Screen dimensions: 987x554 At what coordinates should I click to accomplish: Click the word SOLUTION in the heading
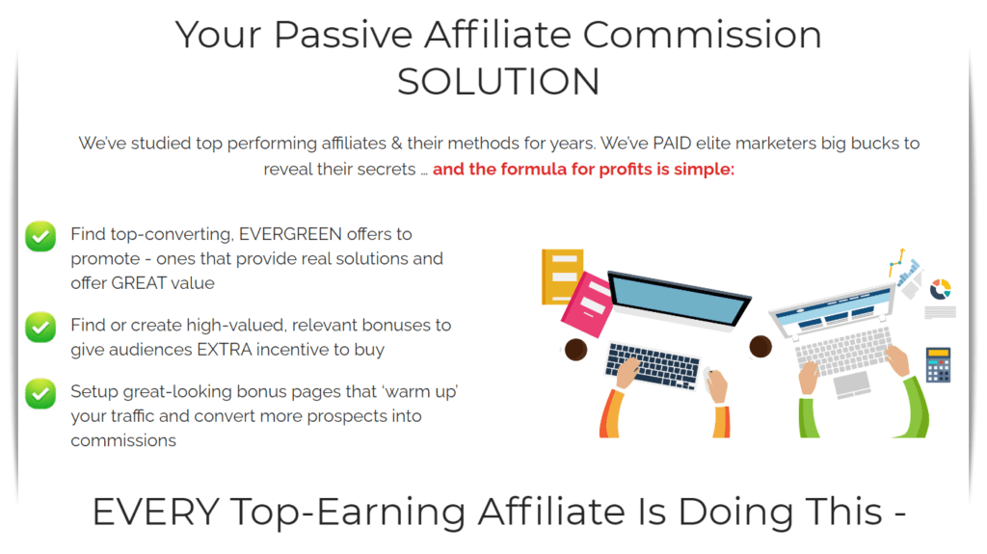pos(498,82)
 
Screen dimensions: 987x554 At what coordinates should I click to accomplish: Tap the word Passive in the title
pos(343,35)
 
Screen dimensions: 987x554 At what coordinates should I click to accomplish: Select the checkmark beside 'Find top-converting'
pos(40,237)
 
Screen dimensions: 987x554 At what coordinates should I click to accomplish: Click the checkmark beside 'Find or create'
pos(40,328)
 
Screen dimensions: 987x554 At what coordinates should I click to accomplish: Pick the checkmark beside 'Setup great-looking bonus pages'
pos(40,393)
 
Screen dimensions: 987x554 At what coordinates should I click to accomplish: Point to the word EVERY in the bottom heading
pos(155,512)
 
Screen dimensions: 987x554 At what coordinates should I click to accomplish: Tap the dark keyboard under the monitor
pos(653,365)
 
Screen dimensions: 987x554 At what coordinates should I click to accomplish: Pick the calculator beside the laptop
pos(938,365)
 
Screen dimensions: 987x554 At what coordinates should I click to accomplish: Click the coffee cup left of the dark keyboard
pos(576,350)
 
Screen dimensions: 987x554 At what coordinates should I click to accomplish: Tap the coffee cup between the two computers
pos(760,346)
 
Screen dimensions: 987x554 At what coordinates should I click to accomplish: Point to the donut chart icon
pos(941,289)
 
